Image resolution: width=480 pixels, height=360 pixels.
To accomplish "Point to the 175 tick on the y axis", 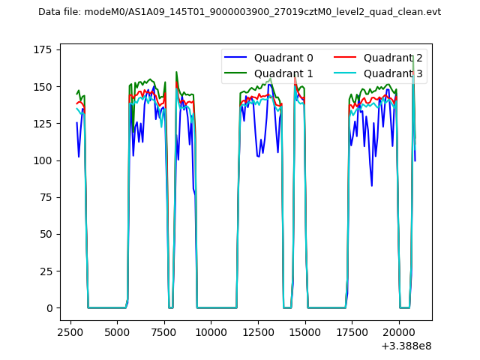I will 46,49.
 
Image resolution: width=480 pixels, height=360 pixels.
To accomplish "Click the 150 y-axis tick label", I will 46,86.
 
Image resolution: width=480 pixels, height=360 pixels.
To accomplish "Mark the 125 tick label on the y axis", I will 46,124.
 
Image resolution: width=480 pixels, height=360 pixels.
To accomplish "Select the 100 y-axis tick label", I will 46,160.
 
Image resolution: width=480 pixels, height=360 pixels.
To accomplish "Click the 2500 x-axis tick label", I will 70,331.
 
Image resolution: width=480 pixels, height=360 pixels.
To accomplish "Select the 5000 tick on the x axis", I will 117,331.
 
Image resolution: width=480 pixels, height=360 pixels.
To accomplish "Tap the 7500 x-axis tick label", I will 163,331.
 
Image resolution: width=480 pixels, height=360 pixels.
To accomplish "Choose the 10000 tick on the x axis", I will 211,331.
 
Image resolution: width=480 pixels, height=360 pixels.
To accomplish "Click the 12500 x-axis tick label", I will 257,331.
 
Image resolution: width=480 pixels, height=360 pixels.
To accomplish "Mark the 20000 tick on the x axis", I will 398,331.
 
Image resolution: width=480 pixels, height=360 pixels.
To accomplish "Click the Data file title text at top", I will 239,12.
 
